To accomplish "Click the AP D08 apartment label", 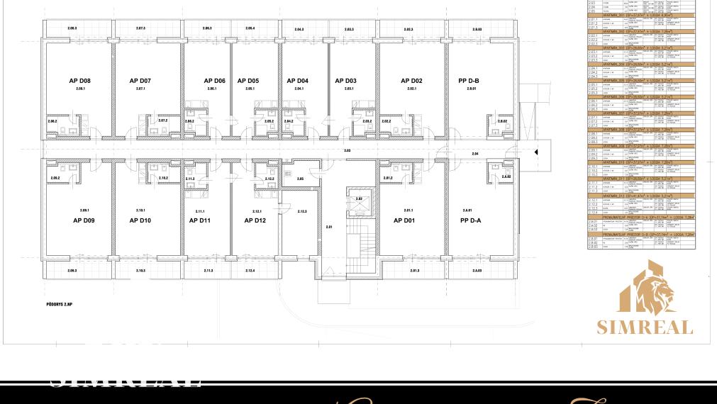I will (79, 81).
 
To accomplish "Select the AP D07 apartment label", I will (140, 81).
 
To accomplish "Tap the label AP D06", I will (214, 81).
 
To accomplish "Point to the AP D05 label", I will (248, 81).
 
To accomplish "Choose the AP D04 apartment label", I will (298, 81).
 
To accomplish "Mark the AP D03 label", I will (345, 81).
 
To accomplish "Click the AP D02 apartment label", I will (411, 81).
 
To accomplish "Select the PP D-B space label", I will (469, 81).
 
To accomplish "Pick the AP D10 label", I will (140, 220).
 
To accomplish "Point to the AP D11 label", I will (200, 220).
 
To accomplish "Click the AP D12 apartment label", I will (255, 220).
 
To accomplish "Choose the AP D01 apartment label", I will (404, 220).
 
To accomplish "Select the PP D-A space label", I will (470, 220).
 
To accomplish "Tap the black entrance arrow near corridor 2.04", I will (537, 152).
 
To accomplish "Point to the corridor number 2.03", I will (347, 151).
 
